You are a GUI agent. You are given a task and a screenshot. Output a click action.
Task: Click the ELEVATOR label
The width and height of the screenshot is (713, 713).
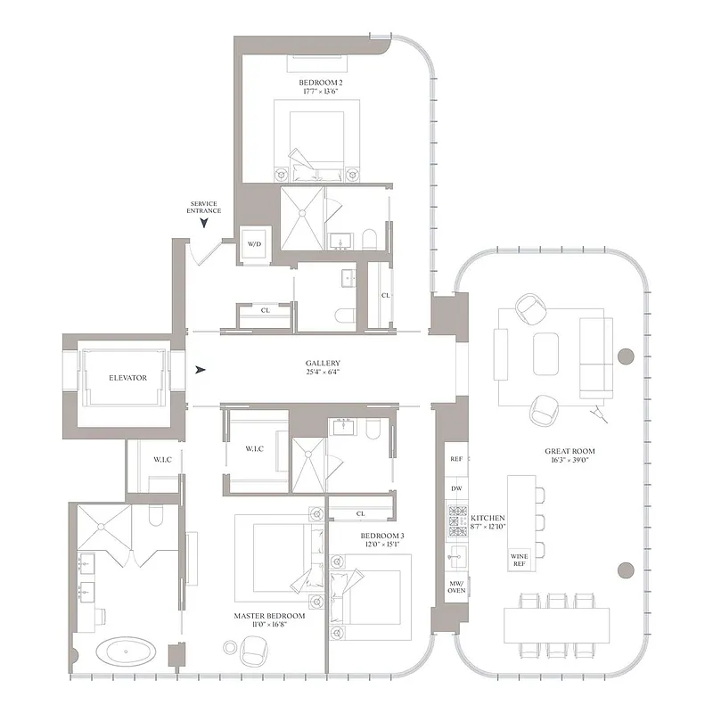(x=127, y=378)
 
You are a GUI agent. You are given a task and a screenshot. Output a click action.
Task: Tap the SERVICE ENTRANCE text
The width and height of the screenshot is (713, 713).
(x=204, y=207)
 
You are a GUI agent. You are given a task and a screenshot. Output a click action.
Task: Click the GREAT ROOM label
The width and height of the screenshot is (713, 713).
(x=570, y=452)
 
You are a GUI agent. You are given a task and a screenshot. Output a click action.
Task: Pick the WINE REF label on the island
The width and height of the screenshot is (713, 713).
(x=520, y=559)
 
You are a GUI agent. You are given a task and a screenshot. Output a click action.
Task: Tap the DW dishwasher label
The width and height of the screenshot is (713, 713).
(x=457, y=489)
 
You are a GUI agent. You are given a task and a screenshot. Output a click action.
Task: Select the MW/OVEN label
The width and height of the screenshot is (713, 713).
(x=456, y=585)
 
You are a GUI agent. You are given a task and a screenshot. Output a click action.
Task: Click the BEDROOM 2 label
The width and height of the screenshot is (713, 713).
(x=321, y=83)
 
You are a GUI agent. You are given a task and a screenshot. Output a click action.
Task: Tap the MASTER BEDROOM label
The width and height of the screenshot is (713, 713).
(x=269, y=616)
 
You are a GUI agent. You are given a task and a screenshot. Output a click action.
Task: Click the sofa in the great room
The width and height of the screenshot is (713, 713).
(x=595, y=356)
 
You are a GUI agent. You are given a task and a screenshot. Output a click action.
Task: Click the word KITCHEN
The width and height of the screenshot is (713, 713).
(x=489, y=518)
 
